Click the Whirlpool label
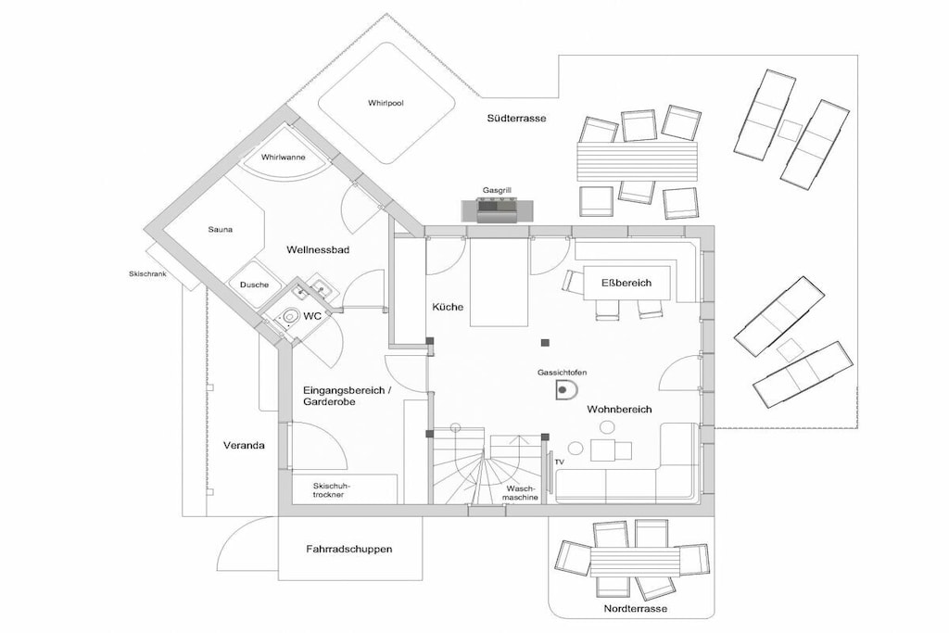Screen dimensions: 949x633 tap(386, 104)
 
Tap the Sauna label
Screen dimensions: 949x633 tap(221, 229)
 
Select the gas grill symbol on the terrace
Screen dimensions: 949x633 tap(498, 210)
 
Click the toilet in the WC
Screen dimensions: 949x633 tap(290, 315)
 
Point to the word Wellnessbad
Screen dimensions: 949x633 tap(318, 249)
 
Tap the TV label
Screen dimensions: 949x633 tap(559, 462)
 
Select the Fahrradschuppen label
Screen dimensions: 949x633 tap(349, 550)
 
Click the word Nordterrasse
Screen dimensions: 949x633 tap(636, 609)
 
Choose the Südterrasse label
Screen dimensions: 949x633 tap(516, 119)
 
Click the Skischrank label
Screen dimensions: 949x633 tap(147, 273)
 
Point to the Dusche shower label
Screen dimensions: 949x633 tap(254, 285)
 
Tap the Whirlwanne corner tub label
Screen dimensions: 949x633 tap(284, 158)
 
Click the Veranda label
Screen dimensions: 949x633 tap(244, 446)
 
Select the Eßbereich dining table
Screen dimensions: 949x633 tap(627, 283)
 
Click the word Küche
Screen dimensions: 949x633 tap(448, 307)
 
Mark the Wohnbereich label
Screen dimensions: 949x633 tap(619, 409)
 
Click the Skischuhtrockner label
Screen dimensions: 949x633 tap(329, 490)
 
